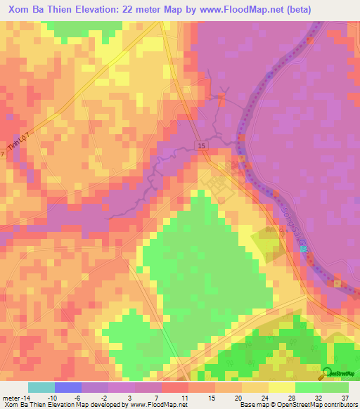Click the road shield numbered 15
(x=202, y=145)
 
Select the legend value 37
(x=345, y=398)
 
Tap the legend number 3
(x=131, y=398)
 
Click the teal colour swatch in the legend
(x=41, y=387)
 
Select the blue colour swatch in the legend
(x=68, y=387)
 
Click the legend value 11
(x=184, y=398)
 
